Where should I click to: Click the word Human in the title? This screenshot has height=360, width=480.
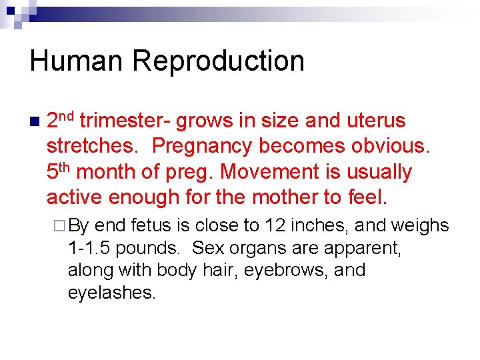coord(76,61)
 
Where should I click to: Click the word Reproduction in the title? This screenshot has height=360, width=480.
coord(218,61)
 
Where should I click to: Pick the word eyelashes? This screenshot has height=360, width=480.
coord(111,293)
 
